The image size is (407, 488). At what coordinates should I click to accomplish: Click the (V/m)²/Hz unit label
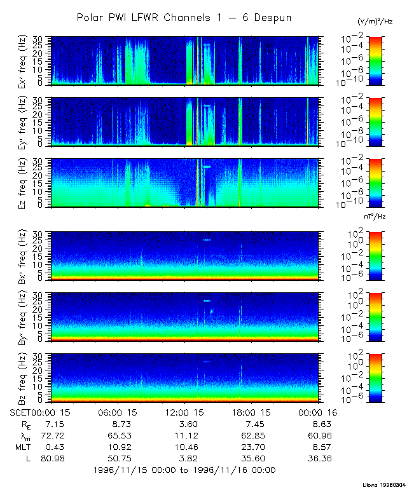[375, 22]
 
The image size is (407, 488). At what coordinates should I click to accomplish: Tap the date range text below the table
[184, 470]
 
